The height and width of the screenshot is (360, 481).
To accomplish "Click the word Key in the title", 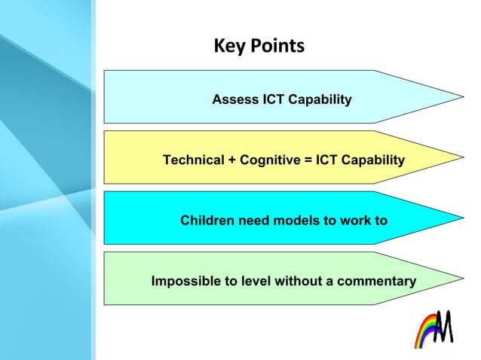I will [227, 47].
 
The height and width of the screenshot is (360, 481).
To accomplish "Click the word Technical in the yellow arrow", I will [193, 160].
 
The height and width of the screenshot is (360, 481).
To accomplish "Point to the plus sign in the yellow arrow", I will [232, 160].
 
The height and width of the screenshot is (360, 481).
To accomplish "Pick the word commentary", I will [376, 282].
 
